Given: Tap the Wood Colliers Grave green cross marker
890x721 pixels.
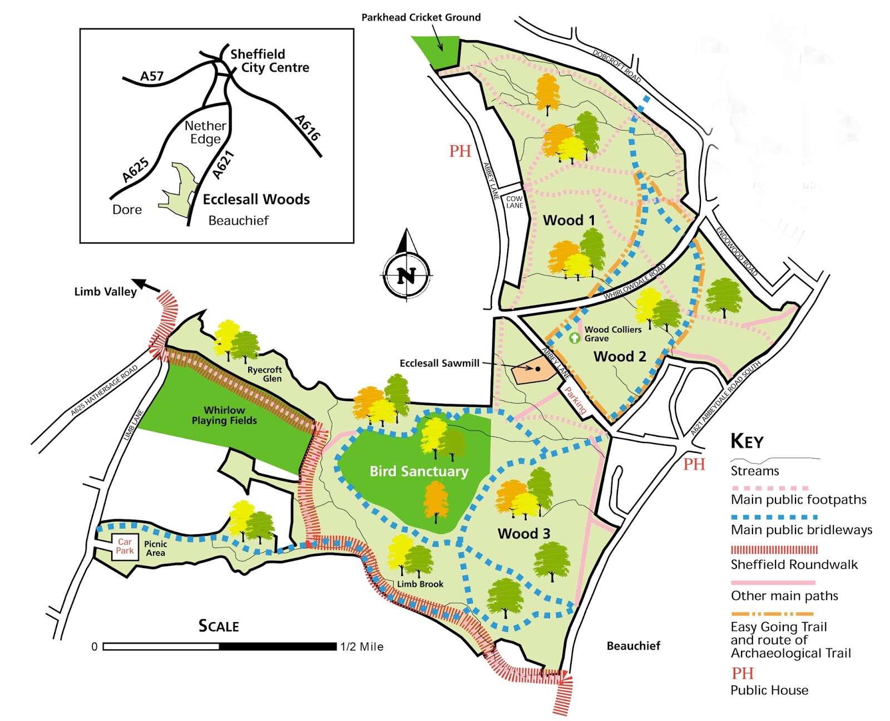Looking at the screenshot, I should point(575,337).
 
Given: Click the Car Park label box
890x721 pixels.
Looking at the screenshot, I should point(125,546).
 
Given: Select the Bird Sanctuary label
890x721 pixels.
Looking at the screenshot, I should point(419,471).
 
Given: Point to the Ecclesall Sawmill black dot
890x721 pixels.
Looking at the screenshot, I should point(538,369).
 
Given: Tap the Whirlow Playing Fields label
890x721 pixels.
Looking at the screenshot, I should point(224,415).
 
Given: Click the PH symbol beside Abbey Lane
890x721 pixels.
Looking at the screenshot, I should point(460,151).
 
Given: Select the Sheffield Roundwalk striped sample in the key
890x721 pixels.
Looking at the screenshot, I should point(774,550).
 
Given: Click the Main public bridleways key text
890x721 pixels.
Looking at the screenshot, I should point(801,530).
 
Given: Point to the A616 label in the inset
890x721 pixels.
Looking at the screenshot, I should point(308,128).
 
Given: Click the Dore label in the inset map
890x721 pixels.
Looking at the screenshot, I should point(127,210).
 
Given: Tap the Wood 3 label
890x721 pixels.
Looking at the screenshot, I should point(523,534).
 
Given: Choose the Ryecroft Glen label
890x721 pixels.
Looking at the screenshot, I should point(265,374).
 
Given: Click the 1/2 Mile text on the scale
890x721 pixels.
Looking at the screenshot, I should point(362,647).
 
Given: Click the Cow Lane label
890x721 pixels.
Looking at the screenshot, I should point(515,202).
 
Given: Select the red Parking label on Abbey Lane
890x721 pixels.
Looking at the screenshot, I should point(576,400).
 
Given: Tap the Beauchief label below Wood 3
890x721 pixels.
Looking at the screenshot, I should point(633,646).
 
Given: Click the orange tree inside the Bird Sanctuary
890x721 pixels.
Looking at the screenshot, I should point(436,499).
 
